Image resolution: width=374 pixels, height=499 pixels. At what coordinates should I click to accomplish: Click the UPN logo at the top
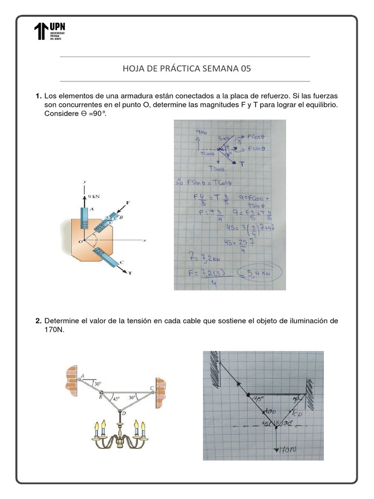(50, 32)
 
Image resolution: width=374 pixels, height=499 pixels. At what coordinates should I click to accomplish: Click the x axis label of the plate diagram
(144, 241)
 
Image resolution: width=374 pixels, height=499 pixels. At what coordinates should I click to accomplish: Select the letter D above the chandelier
(123, 413)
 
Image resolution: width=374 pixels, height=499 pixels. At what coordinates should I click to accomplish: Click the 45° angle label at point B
(115, 398)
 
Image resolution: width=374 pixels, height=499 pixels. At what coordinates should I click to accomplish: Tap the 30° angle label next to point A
(97, 384)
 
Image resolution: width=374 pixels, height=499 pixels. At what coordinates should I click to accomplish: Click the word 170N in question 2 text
(54, 329)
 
